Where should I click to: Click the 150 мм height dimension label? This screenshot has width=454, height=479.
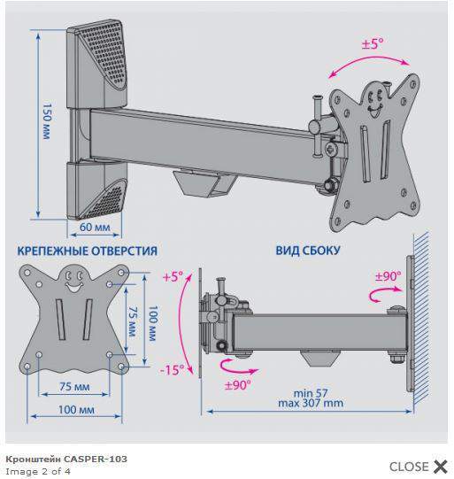click(x=46, y=121)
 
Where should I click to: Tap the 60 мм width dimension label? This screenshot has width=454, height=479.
click(x=95, y=228)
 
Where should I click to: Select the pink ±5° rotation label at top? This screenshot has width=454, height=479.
click(x=373, y=43)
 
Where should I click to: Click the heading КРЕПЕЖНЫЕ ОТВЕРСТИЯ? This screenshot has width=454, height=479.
click(x=88, y=251)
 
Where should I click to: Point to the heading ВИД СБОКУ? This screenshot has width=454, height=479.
click(x=308, y=251)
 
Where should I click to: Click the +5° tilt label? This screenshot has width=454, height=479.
click(x=173, y=277)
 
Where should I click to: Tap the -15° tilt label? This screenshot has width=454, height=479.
click(x=173, y=370)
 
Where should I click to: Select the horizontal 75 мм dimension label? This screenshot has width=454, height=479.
click(x=74, y=387)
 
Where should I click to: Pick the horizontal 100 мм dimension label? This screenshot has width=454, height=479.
click(x=76, y=410)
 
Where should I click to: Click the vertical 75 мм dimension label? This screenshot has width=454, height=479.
click(x=132, y=321)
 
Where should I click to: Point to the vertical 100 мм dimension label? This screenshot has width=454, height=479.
click(x=152, y=323)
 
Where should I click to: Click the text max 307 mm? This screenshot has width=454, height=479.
click(x=311, y=403)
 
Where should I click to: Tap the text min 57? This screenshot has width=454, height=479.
click(x=311, y=393)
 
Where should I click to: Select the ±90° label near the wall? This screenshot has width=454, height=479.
click(x=388, y=276)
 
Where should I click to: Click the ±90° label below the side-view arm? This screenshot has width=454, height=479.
click(x=238, y=385)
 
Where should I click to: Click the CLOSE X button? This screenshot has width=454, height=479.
click(x=419, y=467)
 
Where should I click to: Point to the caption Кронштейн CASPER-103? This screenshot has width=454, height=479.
click(x=66, y=459)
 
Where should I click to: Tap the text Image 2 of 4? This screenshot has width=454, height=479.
click(x=38, y=471)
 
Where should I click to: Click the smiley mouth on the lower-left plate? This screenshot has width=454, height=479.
click(x=73, y=287)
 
